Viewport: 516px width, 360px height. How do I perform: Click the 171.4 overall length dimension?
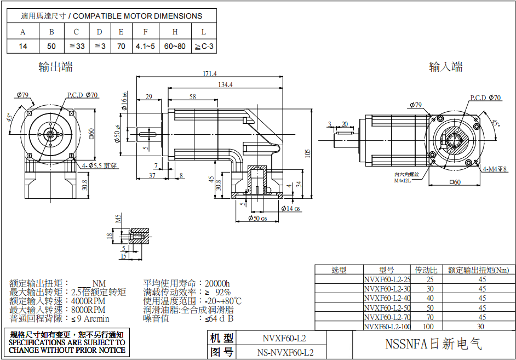[x=209, y=73]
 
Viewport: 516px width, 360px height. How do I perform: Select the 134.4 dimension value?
[x=225, y=84]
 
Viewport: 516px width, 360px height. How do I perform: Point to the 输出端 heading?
[x=56, y=67]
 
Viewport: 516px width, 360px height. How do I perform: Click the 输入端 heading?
[x=446, y=67]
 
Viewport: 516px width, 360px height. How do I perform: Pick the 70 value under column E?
[x=121, y=47]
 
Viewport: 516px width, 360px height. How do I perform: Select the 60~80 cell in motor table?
[x=175, y=47]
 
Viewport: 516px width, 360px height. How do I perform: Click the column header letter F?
[x=145, y=32]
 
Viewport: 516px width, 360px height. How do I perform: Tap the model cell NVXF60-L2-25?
[x=387, y=279]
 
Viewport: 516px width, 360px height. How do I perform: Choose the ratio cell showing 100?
[x=429, y=327]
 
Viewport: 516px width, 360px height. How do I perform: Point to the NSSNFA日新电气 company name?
[x=433, y=345]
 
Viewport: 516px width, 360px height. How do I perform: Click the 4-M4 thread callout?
[x=495, y=170]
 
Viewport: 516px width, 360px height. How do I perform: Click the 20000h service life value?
[x=217, y=283]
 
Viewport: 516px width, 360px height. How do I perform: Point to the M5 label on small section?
[x=118, y=219]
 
